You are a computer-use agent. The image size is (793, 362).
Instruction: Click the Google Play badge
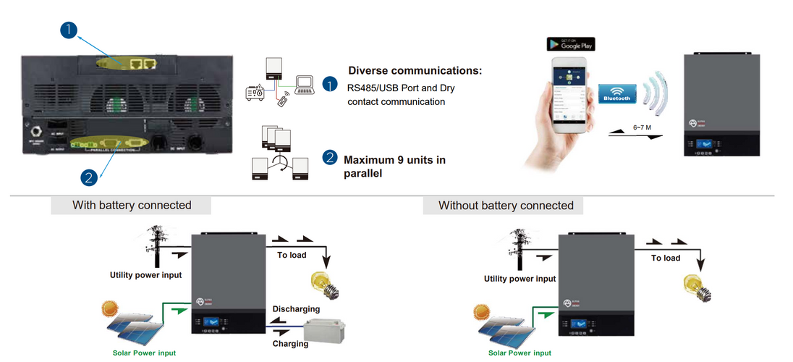pyautogui.click(x=570, y=44)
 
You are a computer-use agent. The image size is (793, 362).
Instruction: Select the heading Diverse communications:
pyautogui.click(x=415, y=71)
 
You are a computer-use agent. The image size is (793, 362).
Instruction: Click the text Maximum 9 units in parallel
pyautogui.click(x=394, y=167)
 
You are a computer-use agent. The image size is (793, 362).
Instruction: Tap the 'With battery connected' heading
pyautogui.click(x=132, y=206)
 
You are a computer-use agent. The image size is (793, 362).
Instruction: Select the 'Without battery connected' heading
pyautogui.click(x=506, y=206)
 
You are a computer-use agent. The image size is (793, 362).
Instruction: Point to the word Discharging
pyautogui.click(x=296, y=309)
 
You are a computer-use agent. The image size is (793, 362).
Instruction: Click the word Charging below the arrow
pyautogui.click(x=290, y=344)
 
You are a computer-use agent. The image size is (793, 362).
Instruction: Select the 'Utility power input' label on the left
pyautogui.click(x=145, y=275)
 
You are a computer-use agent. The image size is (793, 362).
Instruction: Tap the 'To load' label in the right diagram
pyautogui.click(x=666, y=258)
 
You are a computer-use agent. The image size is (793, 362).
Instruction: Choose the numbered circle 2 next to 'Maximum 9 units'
pyautogui.click(x=330, y=158)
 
